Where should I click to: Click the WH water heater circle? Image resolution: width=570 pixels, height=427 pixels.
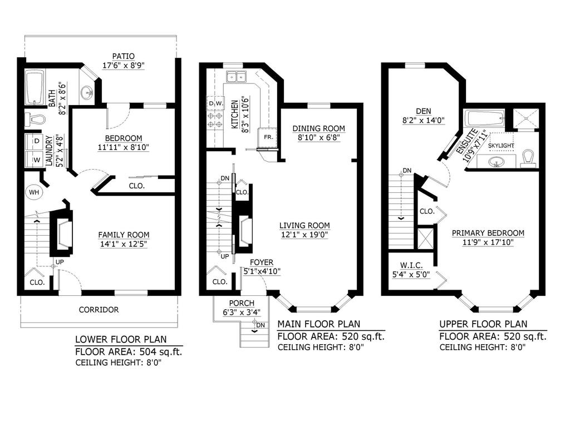point(33,192)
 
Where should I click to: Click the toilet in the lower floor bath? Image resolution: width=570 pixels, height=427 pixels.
point(36,119)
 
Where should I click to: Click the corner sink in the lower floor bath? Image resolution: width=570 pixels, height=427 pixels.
point(87,92)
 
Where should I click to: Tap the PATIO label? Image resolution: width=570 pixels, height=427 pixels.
point(123,56)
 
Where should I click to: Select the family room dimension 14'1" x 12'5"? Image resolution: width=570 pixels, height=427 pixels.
point(124,244)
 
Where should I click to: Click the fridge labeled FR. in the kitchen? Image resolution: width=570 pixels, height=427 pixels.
point(268,137)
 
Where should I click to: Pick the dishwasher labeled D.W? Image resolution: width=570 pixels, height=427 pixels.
point(215,103)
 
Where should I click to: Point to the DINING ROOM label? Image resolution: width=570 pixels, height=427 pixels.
point(319,128)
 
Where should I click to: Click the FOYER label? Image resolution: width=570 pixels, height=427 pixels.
point(261,262)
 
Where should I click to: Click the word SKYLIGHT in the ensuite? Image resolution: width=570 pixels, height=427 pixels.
point(501,146)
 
